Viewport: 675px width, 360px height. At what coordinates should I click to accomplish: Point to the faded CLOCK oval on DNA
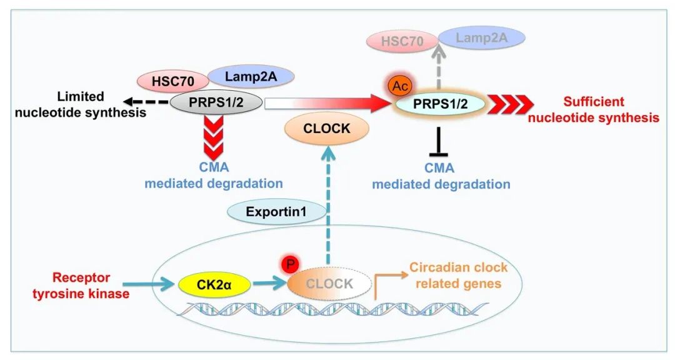click(x=329, y=284)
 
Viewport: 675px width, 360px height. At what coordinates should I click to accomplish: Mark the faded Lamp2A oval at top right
click(x=481, y=38)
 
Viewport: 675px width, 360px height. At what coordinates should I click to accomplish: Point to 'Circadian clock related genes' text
click(x=458, y=276)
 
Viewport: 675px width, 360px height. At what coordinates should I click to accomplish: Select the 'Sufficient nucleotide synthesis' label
click(x=594, y=109)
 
